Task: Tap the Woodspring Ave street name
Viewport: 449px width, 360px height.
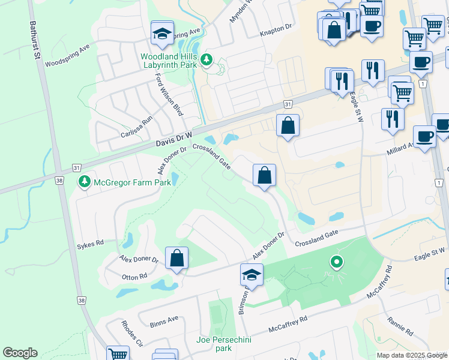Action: [67, 55]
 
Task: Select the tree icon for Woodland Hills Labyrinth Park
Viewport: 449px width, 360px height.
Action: [206, 59]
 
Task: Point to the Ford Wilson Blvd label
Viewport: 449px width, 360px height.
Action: [169, 95]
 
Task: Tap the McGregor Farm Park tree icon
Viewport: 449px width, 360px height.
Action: [85, 181]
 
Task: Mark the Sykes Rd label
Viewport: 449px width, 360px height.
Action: [91, 243]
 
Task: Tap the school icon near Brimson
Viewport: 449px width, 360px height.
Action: [252, 275]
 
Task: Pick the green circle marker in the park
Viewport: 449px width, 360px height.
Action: [337, 261]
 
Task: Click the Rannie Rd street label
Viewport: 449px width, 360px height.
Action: [400, 326]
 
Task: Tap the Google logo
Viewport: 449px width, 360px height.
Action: [20, 353]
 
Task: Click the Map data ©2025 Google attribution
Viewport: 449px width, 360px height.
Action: [411, 355]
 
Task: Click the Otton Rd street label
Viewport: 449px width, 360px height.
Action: [134, 276]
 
